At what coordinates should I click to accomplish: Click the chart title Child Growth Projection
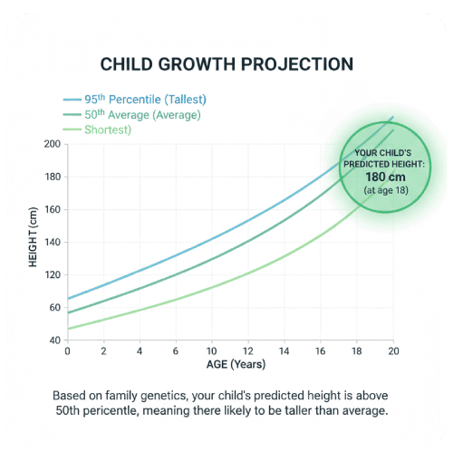click(226, 65)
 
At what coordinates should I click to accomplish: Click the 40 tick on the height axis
click(54, 341)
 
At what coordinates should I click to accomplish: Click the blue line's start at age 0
click(69, 299)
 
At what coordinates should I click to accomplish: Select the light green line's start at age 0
click(69, 329)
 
